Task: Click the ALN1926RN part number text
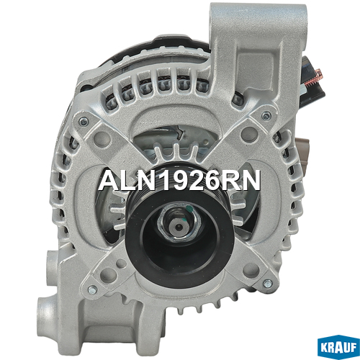[179, 180]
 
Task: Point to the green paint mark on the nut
[189, 209]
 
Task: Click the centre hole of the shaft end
[179, 226]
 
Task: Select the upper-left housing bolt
[84, 122]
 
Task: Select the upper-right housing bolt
[266, 116]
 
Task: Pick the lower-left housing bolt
[92, 289]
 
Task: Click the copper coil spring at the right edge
[312, 78]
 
